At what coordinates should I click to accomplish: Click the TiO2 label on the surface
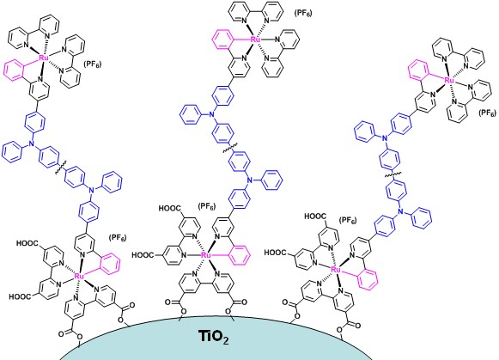(x=213, y=337)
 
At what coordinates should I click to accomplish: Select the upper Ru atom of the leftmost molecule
(x=44, y=58)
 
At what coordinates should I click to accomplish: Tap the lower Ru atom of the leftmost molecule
(x=79, y=276)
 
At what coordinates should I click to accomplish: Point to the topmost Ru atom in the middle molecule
(x=256, y=40)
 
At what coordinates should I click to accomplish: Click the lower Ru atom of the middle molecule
(x=206, y=255)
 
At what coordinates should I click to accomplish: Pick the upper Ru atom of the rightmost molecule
(x=449, y=80)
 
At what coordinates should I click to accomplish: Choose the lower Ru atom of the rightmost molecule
(x=336, y=269)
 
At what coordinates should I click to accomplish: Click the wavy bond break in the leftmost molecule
(x=61, y=168)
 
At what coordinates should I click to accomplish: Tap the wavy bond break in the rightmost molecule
(x=393, y=175)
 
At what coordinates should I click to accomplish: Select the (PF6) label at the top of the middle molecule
(x=303, y=14)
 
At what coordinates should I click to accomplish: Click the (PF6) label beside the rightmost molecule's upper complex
(x=487, y=113)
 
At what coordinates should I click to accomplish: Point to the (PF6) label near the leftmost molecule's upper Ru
(x=92, y=64)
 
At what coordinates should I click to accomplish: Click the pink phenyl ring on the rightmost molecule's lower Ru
(x=368, y=279)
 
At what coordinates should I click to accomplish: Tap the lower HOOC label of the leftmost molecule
(x=21, y=297)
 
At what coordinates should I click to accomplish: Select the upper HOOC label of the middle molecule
(x=171, y=209)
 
